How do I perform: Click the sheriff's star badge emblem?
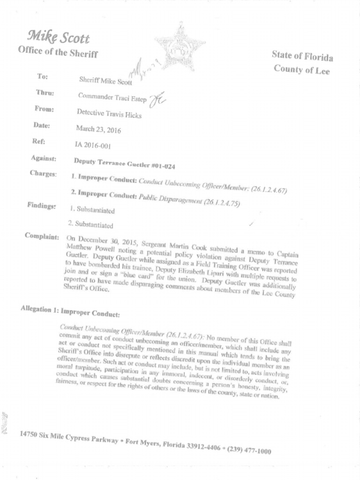pos(181,47)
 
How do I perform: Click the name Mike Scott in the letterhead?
pos(59,37)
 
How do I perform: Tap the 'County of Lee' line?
pos(301,70)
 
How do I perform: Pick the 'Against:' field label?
pos(44,158)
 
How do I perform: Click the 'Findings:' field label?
pos(42,205)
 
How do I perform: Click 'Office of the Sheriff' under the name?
pos(58,52)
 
